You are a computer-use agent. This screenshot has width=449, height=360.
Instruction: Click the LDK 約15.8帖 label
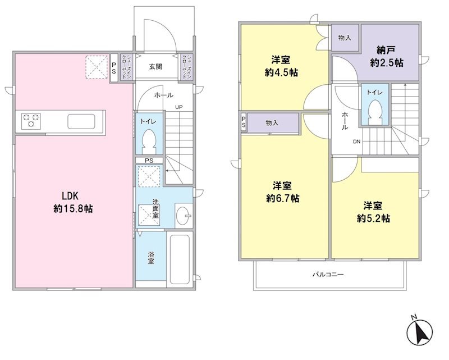tap(73, 202)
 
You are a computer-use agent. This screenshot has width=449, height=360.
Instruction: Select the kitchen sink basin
tap(81, 121)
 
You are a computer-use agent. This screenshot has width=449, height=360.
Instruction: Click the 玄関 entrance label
tap(155, 67)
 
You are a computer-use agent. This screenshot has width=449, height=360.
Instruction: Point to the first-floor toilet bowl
tap(149, 142)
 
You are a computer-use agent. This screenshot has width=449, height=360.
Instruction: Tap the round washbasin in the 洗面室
tap(184, 216)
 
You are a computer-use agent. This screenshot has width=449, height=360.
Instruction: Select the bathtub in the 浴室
tap(180, 259)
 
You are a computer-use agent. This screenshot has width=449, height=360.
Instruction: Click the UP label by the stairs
tap(179, 107)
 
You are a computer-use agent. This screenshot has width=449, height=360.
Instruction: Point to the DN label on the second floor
tap(356, 142)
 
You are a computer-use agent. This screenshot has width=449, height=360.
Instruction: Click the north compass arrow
tap(419, 332)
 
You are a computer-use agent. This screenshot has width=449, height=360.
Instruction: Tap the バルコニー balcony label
tap(328, 274)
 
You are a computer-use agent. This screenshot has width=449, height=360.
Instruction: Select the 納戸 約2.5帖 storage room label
tap(386, 57)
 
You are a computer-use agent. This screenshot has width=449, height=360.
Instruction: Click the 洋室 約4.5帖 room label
tap(281, 66)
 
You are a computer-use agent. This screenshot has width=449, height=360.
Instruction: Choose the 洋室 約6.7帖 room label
tap(282, 192)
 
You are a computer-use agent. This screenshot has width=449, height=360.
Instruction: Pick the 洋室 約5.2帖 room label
tap(373, 212)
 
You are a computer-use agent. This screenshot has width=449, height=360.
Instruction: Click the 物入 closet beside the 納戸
tap(345, 38)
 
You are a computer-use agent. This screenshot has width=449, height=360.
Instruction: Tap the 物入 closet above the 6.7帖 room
tap(272, 123)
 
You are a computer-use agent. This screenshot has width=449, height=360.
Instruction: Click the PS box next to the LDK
tap(114, 69)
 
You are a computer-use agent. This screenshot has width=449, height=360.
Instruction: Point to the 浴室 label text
tap(151, 257)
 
